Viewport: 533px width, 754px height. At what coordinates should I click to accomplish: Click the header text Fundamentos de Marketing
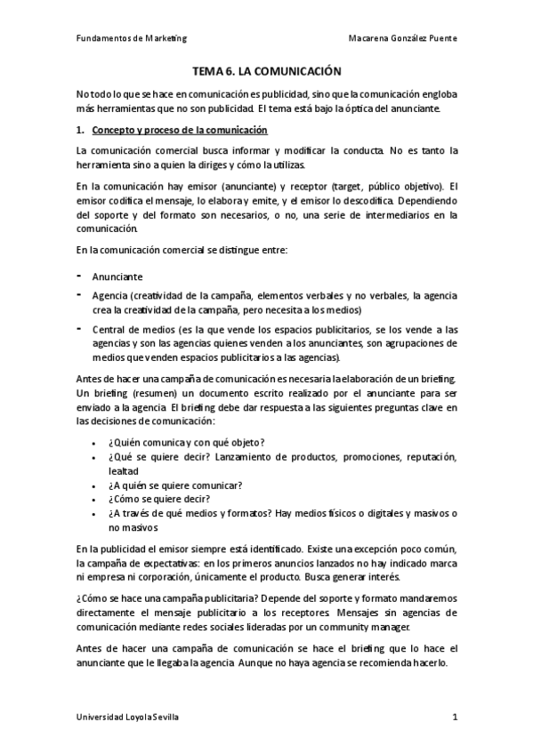coord(125,38)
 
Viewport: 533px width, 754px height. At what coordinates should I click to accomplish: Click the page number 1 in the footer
coord(455,718)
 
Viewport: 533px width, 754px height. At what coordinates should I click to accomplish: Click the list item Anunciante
coord(117,277)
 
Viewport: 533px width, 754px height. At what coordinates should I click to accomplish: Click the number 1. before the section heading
coord(80,130)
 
